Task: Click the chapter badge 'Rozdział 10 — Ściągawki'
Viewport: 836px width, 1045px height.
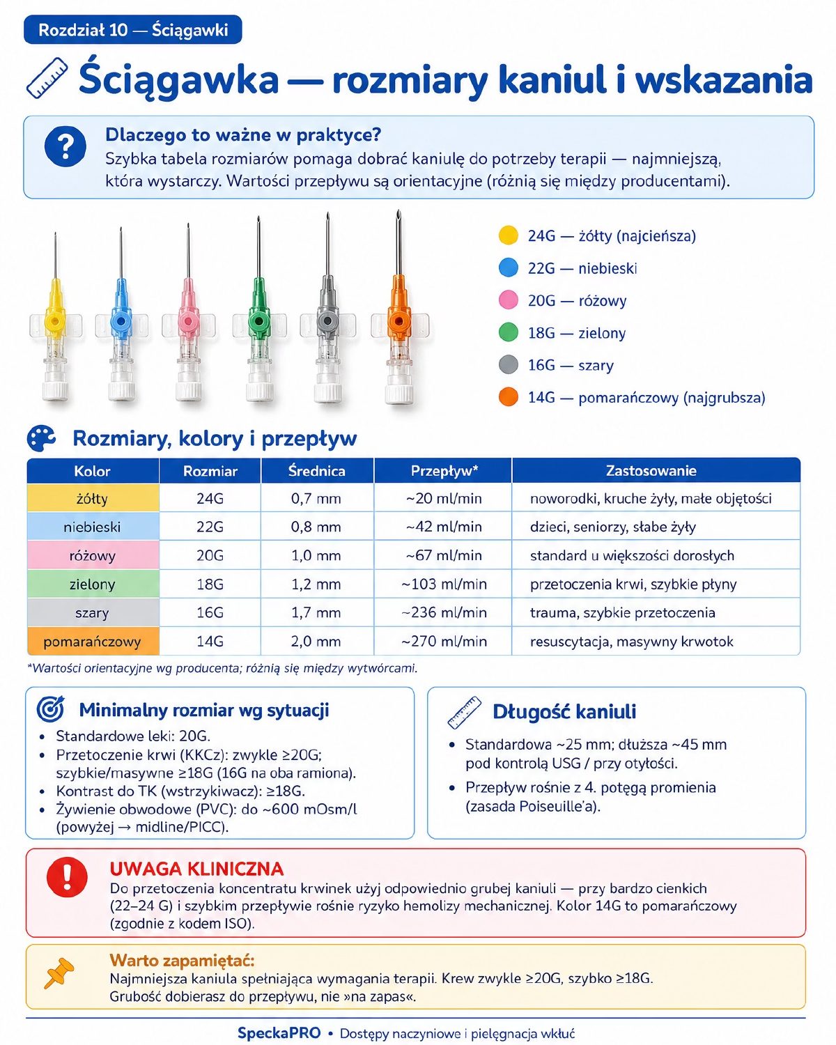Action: tap(132, 30)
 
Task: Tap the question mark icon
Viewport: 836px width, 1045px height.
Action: tap(65, 146)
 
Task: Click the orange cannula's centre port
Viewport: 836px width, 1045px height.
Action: tap(398, 321)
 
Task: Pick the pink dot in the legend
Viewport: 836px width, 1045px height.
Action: tap(508, 300)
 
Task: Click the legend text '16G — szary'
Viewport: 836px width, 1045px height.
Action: tap(571, 365)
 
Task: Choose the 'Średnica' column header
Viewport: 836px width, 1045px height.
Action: tap(317, 470)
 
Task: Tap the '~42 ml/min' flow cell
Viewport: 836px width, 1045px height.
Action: tap(444, 527)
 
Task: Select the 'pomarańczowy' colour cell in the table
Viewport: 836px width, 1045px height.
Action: tap(93, 642)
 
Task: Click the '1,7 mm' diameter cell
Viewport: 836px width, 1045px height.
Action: tap(316, 613)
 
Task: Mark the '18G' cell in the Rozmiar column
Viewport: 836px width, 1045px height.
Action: tap(210, 585)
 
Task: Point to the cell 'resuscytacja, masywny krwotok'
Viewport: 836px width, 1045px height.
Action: tap(631, 642)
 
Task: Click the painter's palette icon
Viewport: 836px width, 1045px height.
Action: tap(41, 438)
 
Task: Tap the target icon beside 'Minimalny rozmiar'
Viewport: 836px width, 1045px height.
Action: tap(51, 709)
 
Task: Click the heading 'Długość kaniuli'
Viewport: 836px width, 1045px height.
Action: tap(564, 712)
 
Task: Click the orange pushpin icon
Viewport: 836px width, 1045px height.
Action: tap(59, 973)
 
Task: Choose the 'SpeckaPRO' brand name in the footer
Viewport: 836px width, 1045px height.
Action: tap(279, 1033)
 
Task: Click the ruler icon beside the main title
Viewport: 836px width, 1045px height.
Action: tap(47, 78)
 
